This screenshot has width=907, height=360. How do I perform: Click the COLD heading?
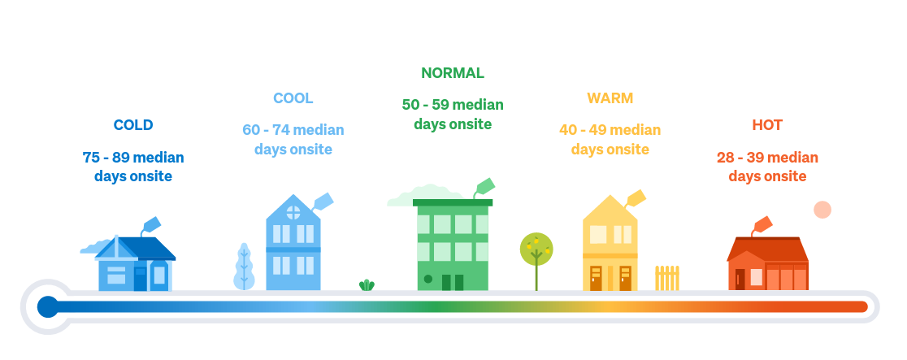click(133, 125)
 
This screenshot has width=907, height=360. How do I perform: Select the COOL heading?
click(293, 98)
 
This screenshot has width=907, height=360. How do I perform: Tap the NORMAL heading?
click(453, 73)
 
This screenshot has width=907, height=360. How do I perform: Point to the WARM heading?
click(610, 98)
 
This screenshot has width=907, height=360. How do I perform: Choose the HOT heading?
click(767, 125)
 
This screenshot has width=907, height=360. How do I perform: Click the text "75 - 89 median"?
click(133, 158)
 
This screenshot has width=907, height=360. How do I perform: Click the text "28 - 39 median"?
click(767, 158)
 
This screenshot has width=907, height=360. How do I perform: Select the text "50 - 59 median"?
click(453, 105)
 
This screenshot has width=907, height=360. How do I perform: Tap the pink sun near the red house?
click(822, 210)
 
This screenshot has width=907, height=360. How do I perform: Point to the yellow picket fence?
click(667, 279)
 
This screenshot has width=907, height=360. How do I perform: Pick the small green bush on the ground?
click(367, 284)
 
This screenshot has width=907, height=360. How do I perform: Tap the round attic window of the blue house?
click(293, 212)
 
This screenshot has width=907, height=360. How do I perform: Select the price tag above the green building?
click(484, 186)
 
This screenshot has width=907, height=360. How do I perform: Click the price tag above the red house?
click(762, 224)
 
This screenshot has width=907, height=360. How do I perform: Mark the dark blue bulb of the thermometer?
click(48, 306)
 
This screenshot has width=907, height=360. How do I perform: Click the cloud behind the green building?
click(425, 196)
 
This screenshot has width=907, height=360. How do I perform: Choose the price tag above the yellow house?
click(635, 198)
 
